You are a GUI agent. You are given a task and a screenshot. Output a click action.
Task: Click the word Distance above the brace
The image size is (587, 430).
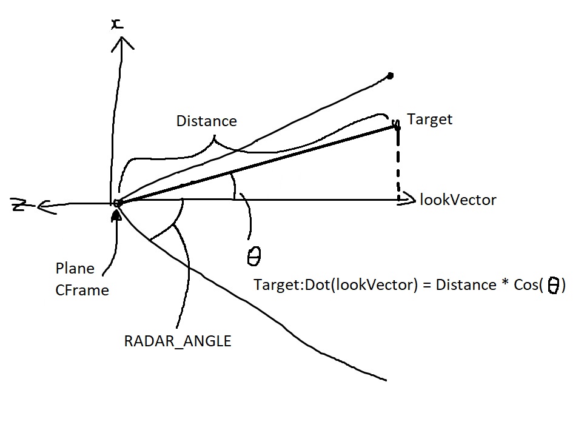pos(206,121)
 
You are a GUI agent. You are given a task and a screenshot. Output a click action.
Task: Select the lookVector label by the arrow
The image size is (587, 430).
pos(458,200)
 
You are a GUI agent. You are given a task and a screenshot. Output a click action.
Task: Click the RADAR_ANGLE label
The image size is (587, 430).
pos(178,341)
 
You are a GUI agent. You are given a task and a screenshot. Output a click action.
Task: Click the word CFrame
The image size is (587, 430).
pos(82,291)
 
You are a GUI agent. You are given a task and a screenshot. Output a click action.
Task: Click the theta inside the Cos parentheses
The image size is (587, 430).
pos(554,286)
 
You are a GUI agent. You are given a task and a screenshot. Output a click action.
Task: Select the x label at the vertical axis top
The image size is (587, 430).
pos(116,23)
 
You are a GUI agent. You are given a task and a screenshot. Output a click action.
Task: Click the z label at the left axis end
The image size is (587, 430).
pos(18,206)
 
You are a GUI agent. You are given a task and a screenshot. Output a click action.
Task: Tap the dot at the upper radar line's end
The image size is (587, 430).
pos(390,76)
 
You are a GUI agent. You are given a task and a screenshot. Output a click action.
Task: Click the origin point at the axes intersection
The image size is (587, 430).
pos(118,203)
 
